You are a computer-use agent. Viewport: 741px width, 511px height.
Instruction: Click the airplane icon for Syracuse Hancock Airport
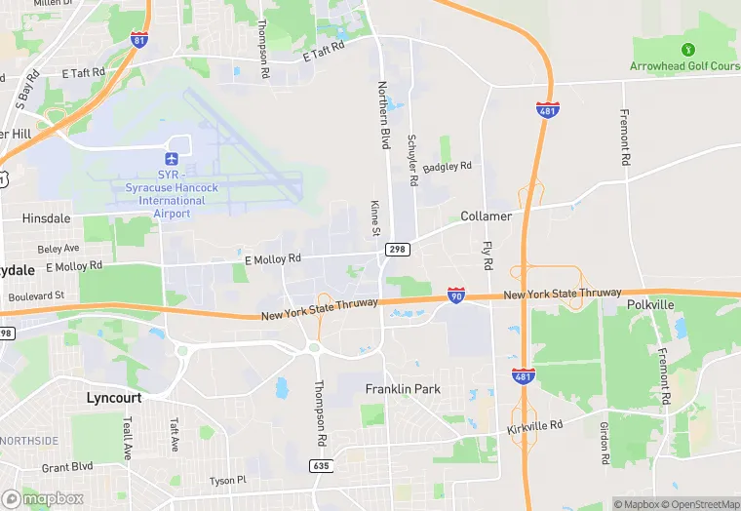point(173,158)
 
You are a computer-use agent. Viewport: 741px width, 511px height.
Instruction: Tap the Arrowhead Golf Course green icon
point(687,50)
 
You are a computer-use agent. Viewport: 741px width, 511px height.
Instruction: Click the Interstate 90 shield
point(455,294)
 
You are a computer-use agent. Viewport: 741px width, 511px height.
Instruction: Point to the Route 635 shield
point(321,466)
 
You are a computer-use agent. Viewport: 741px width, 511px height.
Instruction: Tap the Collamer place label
point(486,216)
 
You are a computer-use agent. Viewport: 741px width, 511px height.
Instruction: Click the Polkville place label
point(651,305)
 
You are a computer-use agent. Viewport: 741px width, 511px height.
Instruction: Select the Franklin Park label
point(403,389)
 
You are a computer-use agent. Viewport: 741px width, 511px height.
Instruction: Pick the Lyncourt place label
point(114,398)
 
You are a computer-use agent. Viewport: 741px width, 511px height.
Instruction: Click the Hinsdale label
point(46,219)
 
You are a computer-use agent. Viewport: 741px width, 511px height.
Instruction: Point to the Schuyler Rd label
point(412,160)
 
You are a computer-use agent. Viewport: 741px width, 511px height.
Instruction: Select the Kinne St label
point(374,218)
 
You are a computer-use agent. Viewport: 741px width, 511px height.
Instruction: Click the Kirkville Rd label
point(535,427)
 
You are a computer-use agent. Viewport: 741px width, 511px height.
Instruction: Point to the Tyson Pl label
point(228,481)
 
